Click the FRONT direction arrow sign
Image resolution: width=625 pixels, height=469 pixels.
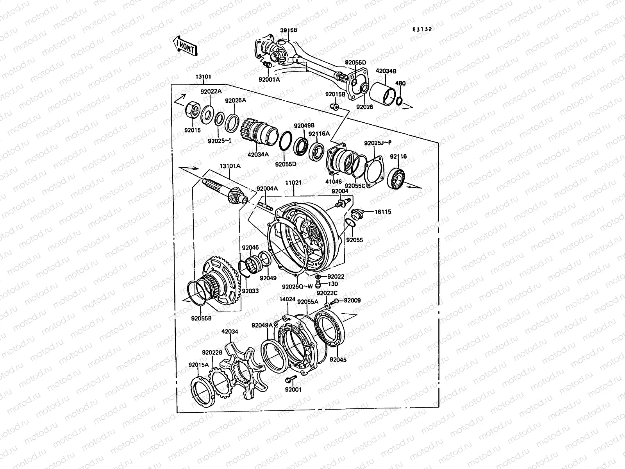185,46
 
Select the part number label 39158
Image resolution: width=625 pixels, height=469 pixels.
288,30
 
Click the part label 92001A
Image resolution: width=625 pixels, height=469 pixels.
269,80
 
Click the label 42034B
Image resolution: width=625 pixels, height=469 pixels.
386,71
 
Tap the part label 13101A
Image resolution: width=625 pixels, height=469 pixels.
230,166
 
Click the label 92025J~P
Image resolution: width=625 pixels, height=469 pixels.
378,143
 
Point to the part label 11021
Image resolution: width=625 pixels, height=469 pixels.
293,183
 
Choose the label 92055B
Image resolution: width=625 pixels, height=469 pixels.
201,318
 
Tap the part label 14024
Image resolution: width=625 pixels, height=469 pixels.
287,300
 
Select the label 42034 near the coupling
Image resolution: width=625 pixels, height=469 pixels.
230,332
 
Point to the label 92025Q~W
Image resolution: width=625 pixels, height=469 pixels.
297,286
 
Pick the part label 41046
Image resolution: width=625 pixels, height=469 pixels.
334,182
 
